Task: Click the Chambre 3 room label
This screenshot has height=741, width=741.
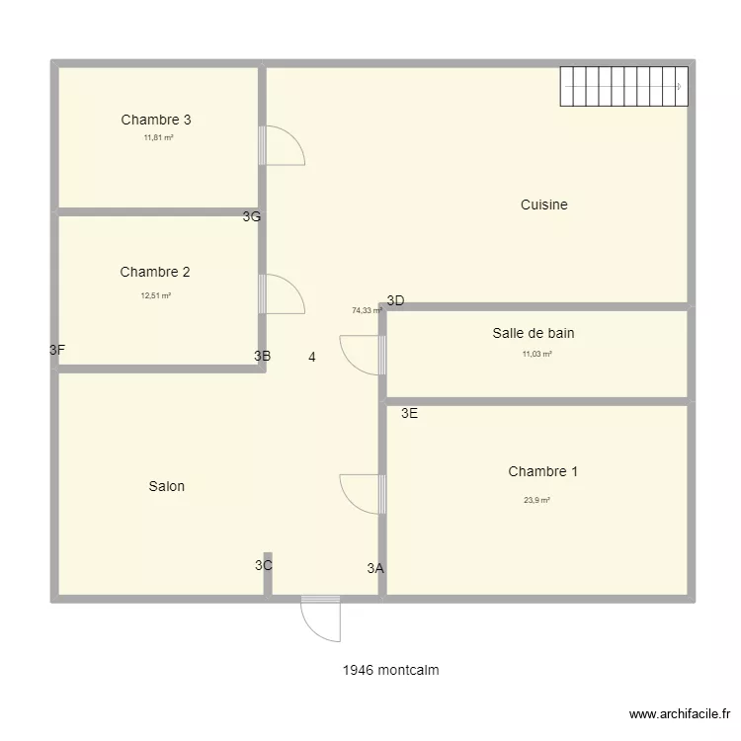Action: tap(156, 120)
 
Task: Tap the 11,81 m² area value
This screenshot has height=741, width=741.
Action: tap(158, 138)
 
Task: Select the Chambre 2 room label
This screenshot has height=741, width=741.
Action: tap(155, 272)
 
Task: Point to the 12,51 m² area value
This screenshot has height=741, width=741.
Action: tap(156, 295)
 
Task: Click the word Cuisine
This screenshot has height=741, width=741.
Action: tap(543, 205)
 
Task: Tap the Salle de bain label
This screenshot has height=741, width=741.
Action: tap(534, 333)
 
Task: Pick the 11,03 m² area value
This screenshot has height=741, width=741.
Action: tap(536, 353)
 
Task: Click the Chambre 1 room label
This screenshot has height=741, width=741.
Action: tap(542, 471)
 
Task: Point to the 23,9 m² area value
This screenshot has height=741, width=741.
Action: tap(536, 500)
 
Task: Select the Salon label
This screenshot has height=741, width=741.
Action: tap(167, 486)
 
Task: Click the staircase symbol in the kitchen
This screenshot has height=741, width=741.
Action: tap(622, 87)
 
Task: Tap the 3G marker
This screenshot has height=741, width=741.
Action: tap(252, 216)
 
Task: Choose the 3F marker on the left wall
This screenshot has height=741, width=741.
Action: tap(57, 349)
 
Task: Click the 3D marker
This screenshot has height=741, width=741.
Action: tap(395, 300)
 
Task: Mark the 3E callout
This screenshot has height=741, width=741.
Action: tap(409, 414)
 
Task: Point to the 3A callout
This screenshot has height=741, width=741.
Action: tap(375, 568)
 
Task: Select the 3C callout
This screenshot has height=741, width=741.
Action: tap(263, 565)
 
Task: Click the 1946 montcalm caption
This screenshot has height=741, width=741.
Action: tap(391, 670)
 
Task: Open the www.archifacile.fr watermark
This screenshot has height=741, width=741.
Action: tap(680, 714)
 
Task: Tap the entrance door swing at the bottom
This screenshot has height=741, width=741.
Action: tap(319, 617)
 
